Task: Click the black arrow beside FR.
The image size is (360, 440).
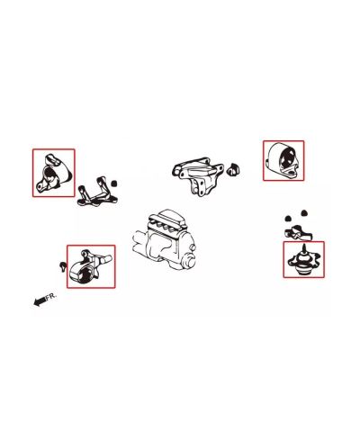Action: (39, 302)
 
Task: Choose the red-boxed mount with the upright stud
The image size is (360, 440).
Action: (303, 261)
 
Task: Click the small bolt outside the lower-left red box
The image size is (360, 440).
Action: (61, 265)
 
